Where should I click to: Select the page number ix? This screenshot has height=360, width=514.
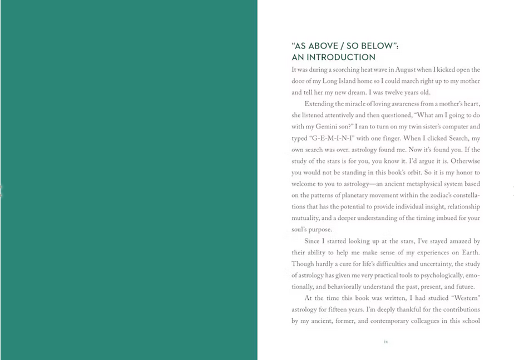[385, 342]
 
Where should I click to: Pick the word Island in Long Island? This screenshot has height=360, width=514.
[351, 81]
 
